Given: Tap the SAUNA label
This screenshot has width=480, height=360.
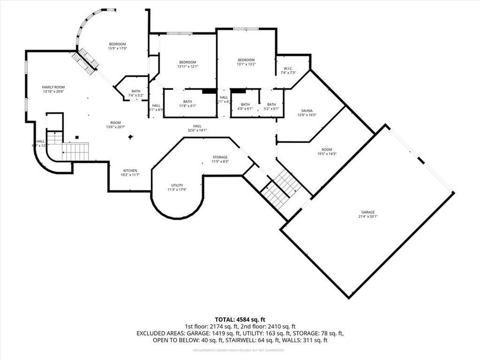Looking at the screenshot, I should tap(307, 110).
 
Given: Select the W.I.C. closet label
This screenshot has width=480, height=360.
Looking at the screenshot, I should tap(288, 68).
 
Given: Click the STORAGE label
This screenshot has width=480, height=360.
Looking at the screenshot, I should tap(220, 157).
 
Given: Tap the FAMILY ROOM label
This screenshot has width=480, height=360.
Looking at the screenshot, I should tap(53, 87).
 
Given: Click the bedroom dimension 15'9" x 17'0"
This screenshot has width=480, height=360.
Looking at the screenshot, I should tap(117, 49).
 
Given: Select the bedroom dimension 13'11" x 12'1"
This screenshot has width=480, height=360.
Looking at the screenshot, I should tap(188, 67).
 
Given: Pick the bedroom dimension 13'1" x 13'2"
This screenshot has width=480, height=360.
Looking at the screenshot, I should tap(246, 64).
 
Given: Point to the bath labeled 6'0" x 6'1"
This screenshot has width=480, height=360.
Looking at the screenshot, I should tap(245, 108).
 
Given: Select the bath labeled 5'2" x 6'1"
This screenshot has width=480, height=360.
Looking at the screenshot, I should tap(271, 108).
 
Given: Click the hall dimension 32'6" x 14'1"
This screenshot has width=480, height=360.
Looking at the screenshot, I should tap(197, 130).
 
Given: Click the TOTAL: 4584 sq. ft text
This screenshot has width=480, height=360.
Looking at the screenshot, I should tap(240, 318).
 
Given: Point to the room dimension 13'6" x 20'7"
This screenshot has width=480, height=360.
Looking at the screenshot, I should tap(115, 127).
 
